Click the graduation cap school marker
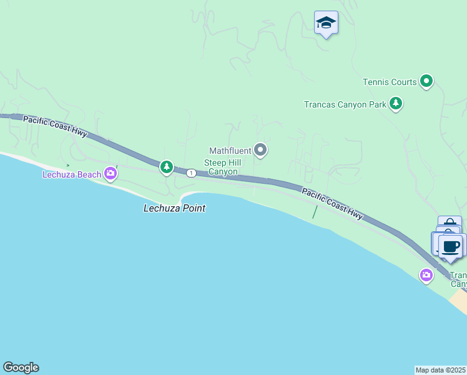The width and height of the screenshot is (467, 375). pyautogui.click(x=326, y=23)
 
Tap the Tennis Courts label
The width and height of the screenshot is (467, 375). pyautogui.click(x=390, y=82)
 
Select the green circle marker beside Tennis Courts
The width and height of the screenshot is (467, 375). pyautogui.click(x=426, y=81)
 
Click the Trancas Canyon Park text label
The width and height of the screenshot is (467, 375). pyautogui.click(x=345, y=104)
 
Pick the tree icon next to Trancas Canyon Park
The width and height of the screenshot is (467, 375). pyautogui.click(x=395, y=103)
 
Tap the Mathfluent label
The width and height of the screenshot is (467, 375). pyautogui.click(x=230, y=151)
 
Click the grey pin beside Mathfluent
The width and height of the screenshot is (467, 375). pyautogui.click(x=261, y=150)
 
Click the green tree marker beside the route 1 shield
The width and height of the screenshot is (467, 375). pyautogui.click(x=166, y=167)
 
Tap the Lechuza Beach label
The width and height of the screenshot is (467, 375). pyautogui.click(x=71, y=174)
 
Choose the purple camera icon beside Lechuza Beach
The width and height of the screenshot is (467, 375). pyautogui.click(x=111, y=173)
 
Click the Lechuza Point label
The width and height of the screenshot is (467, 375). pyautogui.click(x=174, y=208)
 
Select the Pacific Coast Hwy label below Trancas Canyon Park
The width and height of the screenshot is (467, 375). pyautogui.click(x=332, y=204)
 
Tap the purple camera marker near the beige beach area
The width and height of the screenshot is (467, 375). pyautogui.click(x=426, y=274)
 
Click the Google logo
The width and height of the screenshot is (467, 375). pyautogui.click(x=21, y=367)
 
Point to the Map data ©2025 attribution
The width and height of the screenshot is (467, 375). pyautogui.click(x=441, y=369)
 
